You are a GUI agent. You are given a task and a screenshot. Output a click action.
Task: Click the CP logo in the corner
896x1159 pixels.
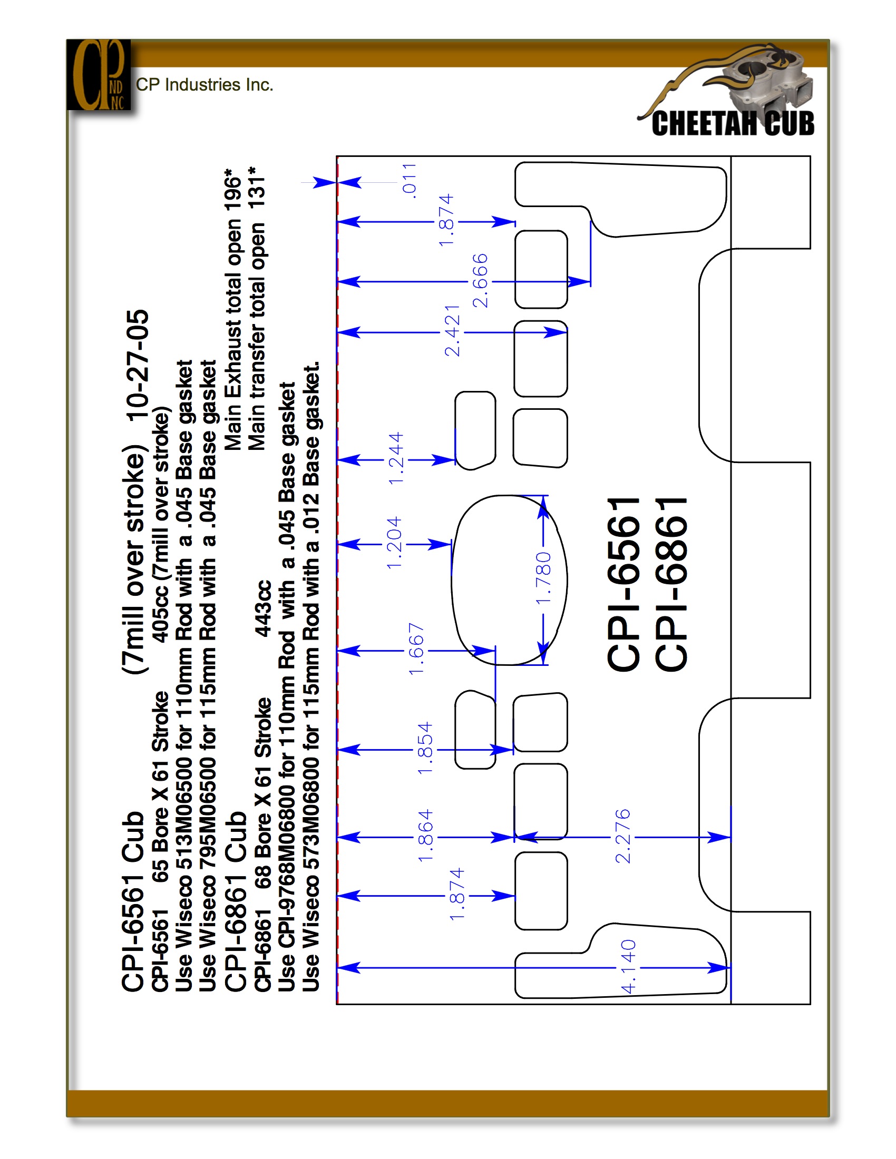click(99, 75)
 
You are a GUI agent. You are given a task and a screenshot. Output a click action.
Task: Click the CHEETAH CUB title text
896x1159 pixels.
click(733, 124)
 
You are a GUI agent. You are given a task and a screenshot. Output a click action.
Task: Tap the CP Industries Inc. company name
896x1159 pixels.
click(204, 85)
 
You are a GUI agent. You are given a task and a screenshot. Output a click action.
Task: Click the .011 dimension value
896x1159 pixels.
click(409, 180)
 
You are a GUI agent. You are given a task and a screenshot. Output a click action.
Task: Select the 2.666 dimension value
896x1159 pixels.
click(480, 280)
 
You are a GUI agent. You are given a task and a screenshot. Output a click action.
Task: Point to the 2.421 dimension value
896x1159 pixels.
click(452, 331)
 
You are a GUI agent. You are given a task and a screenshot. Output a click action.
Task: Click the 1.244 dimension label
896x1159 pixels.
click(396, 458)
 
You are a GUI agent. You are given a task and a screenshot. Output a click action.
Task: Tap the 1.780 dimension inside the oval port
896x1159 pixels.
click(543, 578)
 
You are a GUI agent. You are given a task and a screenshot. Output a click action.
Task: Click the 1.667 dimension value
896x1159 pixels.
click(416, 649)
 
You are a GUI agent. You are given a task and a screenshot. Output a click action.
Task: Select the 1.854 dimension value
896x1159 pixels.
click(425, 748)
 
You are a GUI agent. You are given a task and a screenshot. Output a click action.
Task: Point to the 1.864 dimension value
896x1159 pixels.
click(425, 836)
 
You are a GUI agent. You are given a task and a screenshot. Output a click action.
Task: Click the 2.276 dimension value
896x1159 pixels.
click(622, 836)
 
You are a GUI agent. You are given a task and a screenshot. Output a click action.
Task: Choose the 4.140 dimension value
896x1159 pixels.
click(628, 967)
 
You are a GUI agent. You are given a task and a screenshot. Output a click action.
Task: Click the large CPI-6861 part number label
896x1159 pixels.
click(670, 584)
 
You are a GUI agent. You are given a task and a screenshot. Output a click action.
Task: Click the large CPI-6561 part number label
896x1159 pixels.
click(623, 584)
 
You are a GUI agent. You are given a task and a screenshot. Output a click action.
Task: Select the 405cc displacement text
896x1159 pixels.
click(160, 613)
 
